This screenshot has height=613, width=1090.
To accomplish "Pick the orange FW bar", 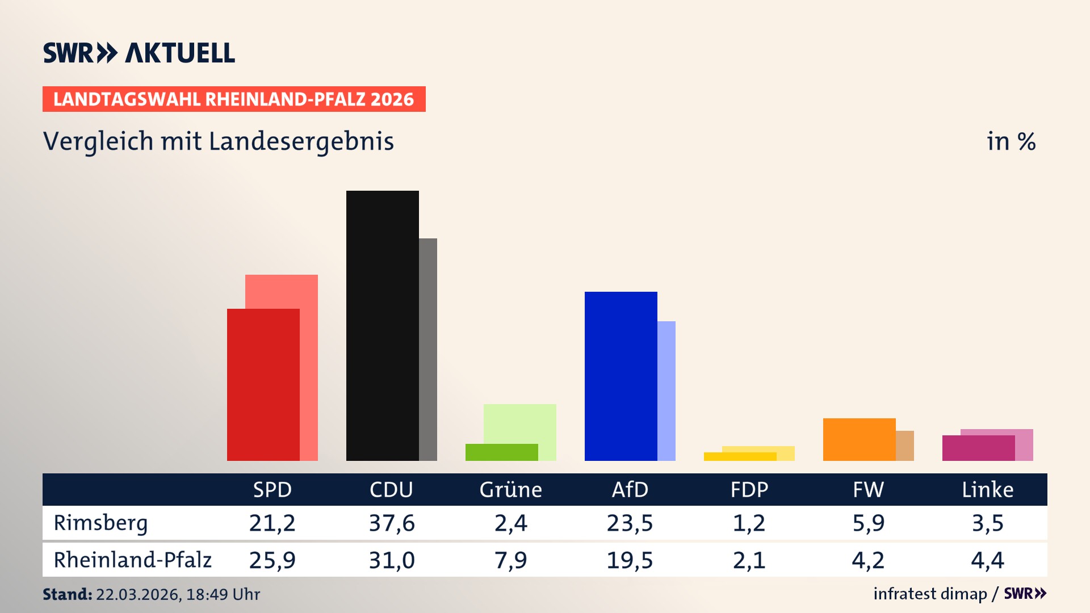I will point(859,439).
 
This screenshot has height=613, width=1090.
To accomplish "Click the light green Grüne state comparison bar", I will point(520,423).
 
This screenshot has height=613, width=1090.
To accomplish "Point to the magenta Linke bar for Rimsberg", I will point(978,448).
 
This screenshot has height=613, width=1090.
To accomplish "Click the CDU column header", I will point(391,489).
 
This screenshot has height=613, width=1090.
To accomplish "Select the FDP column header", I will point(749,489).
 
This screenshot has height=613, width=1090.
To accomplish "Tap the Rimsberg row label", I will point(100,523).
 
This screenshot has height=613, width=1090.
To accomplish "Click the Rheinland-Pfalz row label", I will point(132,560).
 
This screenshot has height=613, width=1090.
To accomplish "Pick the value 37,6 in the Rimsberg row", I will point(392,523).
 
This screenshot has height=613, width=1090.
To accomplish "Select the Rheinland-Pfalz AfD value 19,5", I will point(630,560).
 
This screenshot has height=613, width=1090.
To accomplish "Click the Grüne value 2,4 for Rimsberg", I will point(510,523).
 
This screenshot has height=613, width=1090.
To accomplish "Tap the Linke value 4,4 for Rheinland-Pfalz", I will point(987,560).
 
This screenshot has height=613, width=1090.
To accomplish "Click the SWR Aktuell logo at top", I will point(139,53).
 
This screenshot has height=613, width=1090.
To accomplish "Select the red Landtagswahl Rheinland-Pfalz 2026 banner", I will point(234,99).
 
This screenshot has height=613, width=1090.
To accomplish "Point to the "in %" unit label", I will point(1011,141).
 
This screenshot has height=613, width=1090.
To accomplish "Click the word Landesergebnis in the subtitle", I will point(301,141).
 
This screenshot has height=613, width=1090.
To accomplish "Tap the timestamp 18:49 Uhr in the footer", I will point(223,594).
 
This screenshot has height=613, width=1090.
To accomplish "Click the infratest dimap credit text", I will point(930,594).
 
